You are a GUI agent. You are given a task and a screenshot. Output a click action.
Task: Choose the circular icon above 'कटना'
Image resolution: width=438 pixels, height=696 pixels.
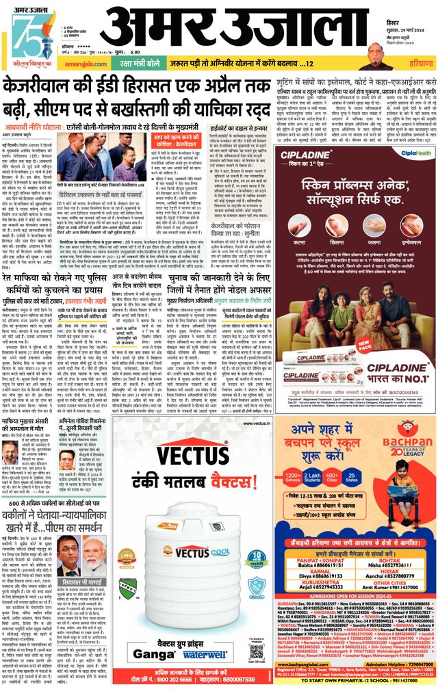coord(298,226)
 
